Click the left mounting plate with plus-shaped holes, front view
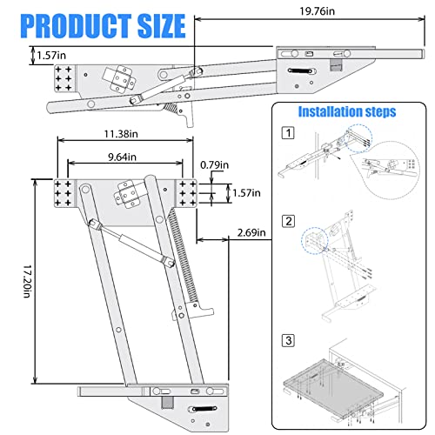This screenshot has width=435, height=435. (x=66, y=193)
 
